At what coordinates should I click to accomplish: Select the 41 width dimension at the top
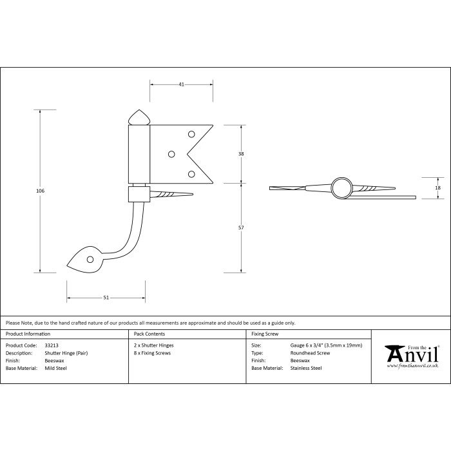[181, 84]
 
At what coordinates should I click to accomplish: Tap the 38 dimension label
[241, 154]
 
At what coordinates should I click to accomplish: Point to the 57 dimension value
[241, 227]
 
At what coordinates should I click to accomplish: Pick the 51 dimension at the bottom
[106, 298]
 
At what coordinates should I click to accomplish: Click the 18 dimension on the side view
[438, 187]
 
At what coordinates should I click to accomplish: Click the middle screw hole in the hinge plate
[171, 154]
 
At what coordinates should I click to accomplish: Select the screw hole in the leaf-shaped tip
[91, 260]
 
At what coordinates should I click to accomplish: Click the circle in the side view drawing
[341, 187]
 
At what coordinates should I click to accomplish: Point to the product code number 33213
[51, 346]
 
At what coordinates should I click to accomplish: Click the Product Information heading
[28, 334]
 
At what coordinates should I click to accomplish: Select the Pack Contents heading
[149, 334]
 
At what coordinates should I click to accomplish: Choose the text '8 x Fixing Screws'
[152, 354]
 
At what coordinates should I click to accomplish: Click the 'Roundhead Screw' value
[310, 354]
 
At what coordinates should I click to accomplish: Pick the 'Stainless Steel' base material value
[306, 369]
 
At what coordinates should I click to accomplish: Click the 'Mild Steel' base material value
[55, 369]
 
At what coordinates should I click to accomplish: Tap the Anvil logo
[412, 352]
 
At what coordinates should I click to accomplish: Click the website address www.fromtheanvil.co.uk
[413, 366]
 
